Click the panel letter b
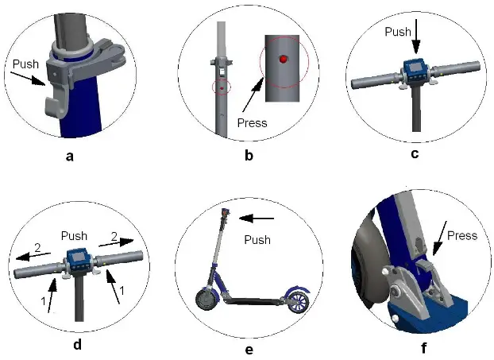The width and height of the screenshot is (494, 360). point(249,157)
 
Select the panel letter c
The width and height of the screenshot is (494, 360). point(415,154)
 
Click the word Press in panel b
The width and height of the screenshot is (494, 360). point(252,124)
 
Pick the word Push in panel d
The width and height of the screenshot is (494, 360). point(75,237)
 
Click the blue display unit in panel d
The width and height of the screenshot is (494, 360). point(77,260)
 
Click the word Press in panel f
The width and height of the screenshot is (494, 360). point(461,235)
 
